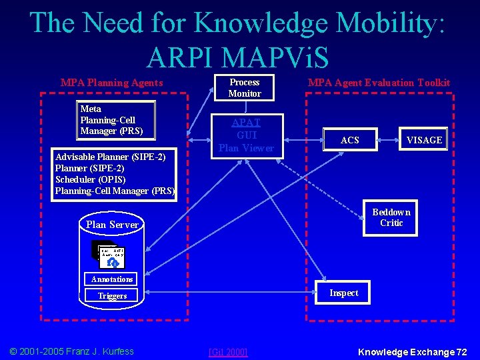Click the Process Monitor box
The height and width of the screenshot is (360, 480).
(x=245, y=88)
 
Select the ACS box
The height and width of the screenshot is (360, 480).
(x=349, y=140)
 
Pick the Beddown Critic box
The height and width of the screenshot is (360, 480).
(x=391, y=217)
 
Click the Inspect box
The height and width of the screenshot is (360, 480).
(x=343, y=293)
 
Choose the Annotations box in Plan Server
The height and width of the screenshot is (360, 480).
(x=112, y=279)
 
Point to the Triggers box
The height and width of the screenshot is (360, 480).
(x=112, y=295)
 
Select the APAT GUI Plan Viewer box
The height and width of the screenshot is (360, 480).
(x=246, y=135)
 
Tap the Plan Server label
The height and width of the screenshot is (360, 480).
(x=112, y=225)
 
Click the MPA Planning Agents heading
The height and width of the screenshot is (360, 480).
(x=111, y=83)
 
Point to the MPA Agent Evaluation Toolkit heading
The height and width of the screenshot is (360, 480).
(x=379, y=83)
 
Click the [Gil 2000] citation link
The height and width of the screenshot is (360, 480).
(x=228, y=351)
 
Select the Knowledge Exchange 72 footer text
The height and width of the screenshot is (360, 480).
(x=413, y=351)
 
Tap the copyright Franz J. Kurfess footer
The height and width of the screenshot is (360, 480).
(x=71, y=351)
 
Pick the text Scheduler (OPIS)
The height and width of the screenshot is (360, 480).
(x=90, y=179)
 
